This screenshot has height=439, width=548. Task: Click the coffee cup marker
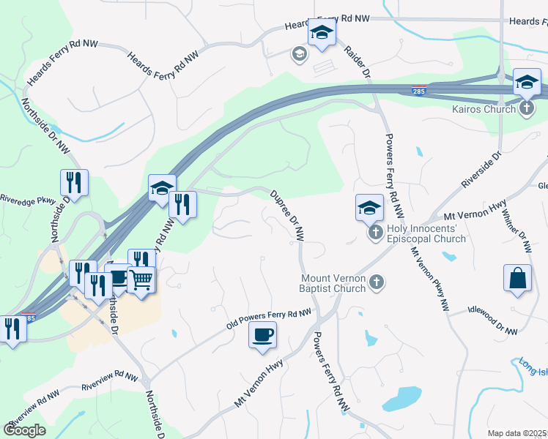262,336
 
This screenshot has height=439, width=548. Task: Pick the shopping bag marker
517,279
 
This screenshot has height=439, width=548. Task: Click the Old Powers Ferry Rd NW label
270,318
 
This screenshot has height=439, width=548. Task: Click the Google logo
24,430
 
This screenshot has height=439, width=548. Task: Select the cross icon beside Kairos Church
527,109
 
